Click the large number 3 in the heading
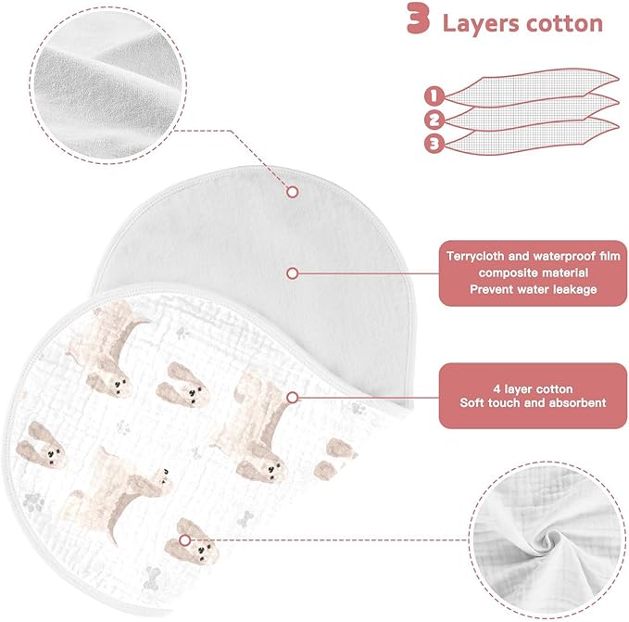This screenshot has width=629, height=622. click(x=418, y=18)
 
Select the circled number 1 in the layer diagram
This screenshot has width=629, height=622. click(x=434, y=96)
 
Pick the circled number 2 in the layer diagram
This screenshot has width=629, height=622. click(x=434, y=120)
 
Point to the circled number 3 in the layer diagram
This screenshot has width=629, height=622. click(x=434, y=144)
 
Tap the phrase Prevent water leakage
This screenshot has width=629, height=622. click(x=534, y=289)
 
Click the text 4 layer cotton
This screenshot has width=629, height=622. click(x=534, y=388)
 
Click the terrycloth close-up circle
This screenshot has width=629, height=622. click(x=107, y=84)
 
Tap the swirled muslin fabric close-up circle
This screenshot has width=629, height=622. click(x=548, y=539)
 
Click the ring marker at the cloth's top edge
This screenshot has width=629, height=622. click(x=293, y=192)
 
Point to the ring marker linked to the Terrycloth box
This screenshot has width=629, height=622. click(x=293, y=273)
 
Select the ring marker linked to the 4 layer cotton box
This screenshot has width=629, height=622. click(x=293, y=398)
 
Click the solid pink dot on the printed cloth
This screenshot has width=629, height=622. click(x=184, y=540)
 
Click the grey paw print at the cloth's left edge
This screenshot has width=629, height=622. click(x=33, y=502)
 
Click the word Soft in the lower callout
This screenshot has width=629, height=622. click(x=472, y=402)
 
